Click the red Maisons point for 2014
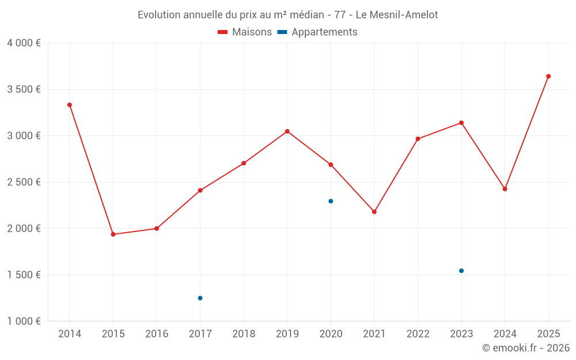point(70,105)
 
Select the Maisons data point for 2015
point(113,234)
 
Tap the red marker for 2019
point(287,131)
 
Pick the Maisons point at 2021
point(374,212)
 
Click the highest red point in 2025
point(548,76)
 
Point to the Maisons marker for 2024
point(505,189)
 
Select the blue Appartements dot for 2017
point(200,298)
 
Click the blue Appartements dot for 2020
point(331,201)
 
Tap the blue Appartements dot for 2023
point(461,271)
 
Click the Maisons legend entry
point(245,32)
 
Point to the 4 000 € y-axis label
point(24,43)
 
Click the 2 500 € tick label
point(24,182)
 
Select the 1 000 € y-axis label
point(24,321)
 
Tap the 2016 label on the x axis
point(157,334)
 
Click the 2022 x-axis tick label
point(418,334)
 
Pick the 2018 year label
point(244,334)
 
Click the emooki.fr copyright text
point(525,348)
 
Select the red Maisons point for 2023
point(461,123)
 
